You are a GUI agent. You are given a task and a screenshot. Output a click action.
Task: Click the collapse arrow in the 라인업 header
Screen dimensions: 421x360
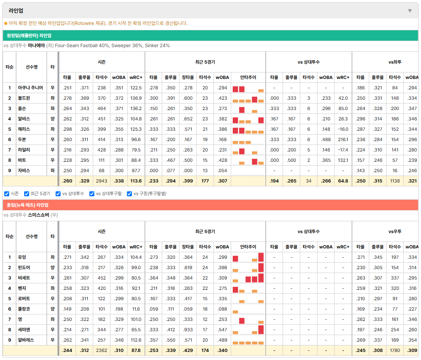tap(410, 11)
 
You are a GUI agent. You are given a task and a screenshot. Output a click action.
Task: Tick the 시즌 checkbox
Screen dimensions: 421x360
tap(7, 194)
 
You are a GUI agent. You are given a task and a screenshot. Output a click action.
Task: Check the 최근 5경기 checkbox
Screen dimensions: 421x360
tap(26, 194)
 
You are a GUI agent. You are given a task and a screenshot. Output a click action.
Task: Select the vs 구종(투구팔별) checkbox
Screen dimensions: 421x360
tap(130, 194)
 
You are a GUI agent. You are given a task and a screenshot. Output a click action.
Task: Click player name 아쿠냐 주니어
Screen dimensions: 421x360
tap(30, 88)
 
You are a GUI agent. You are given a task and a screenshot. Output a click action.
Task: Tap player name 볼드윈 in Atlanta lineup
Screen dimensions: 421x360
tap(24, 98)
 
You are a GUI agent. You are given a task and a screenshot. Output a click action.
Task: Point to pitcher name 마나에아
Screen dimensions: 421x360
tap(36, 46)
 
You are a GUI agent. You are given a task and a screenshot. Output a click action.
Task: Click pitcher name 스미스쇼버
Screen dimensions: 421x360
tap(38, 215)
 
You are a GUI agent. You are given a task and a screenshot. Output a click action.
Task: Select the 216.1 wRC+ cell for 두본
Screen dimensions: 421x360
tap(343, 140)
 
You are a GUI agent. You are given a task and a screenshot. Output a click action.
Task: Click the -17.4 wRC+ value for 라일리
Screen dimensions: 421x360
tap(343, 150)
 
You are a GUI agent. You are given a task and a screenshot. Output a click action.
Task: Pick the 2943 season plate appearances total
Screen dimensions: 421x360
tap(102, 181)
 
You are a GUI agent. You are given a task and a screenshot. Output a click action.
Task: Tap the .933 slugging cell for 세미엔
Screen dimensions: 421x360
tap(187, 330)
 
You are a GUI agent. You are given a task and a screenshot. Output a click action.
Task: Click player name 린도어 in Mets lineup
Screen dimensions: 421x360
tap(24, 268)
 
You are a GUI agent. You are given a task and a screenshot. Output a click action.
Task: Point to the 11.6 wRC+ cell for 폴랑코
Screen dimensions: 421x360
tap(136, 309)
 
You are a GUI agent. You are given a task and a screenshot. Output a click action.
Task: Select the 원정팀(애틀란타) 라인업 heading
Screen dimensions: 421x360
tap(29, 36)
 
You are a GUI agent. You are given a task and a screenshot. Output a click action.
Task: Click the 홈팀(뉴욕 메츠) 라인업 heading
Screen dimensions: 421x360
tap(27, 205)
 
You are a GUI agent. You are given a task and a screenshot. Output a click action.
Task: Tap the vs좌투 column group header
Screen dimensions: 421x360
tap(395, 62)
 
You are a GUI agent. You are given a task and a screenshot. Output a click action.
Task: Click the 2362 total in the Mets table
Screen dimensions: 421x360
tap(102, 350)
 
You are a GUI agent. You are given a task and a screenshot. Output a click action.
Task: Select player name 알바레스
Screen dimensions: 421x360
tap(26, 340)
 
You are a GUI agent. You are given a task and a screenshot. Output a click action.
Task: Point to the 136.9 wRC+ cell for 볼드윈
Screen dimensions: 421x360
tap(136, 98)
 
